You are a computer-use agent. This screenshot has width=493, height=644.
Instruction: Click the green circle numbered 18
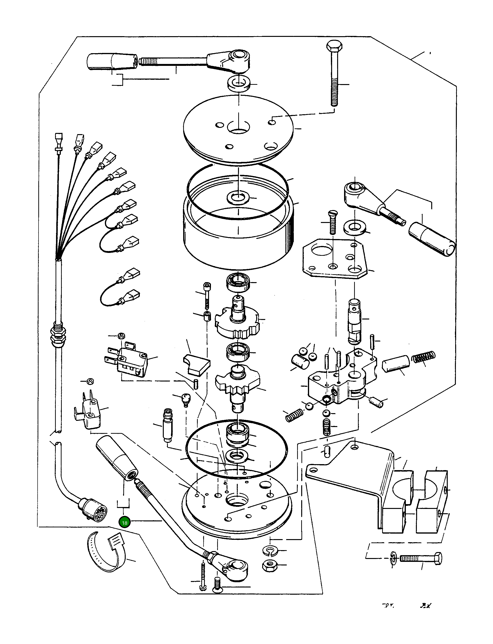point(125,523)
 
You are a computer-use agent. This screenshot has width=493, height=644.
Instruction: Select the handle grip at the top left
point(112,62)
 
